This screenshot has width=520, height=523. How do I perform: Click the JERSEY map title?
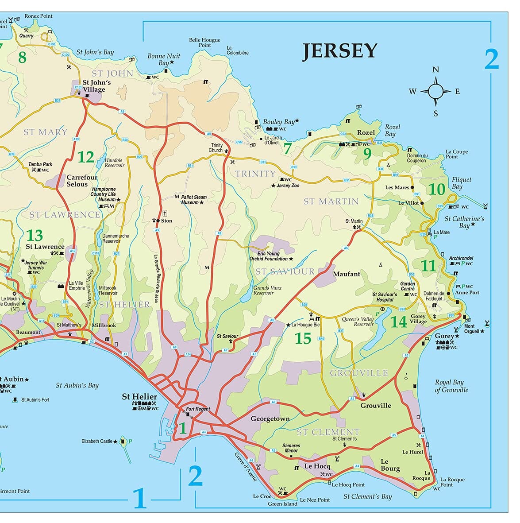pos(339,51)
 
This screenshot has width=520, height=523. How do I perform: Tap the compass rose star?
pos(435,92)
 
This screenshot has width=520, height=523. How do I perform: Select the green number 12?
pos(86,157)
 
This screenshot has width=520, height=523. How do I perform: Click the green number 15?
pos(303,338)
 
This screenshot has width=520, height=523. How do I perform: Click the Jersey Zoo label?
pos(288,186)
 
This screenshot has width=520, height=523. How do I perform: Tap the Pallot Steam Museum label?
pos(194,199)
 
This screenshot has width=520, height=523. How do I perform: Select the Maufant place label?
pos(347,274)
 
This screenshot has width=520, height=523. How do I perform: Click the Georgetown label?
pos(270,418)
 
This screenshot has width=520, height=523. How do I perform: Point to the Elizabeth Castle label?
pos(97,441)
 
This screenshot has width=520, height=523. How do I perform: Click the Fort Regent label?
pos(198,409)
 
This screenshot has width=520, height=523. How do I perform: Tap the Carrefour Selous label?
pos(81,181)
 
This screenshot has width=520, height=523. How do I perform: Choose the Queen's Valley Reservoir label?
pos(358,322)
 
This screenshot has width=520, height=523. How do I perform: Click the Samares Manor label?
pos(291,448)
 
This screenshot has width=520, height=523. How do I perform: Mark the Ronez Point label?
pos(39,16)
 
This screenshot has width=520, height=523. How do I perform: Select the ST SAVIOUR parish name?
pos(285,271)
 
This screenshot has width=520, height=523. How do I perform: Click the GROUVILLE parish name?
pos(359,373)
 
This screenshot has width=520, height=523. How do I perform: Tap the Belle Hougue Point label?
pos(204,42)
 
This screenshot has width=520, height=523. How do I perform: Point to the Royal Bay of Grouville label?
pos(451,386)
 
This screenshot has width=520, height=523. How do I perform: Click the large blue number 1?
pos(139,498)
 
